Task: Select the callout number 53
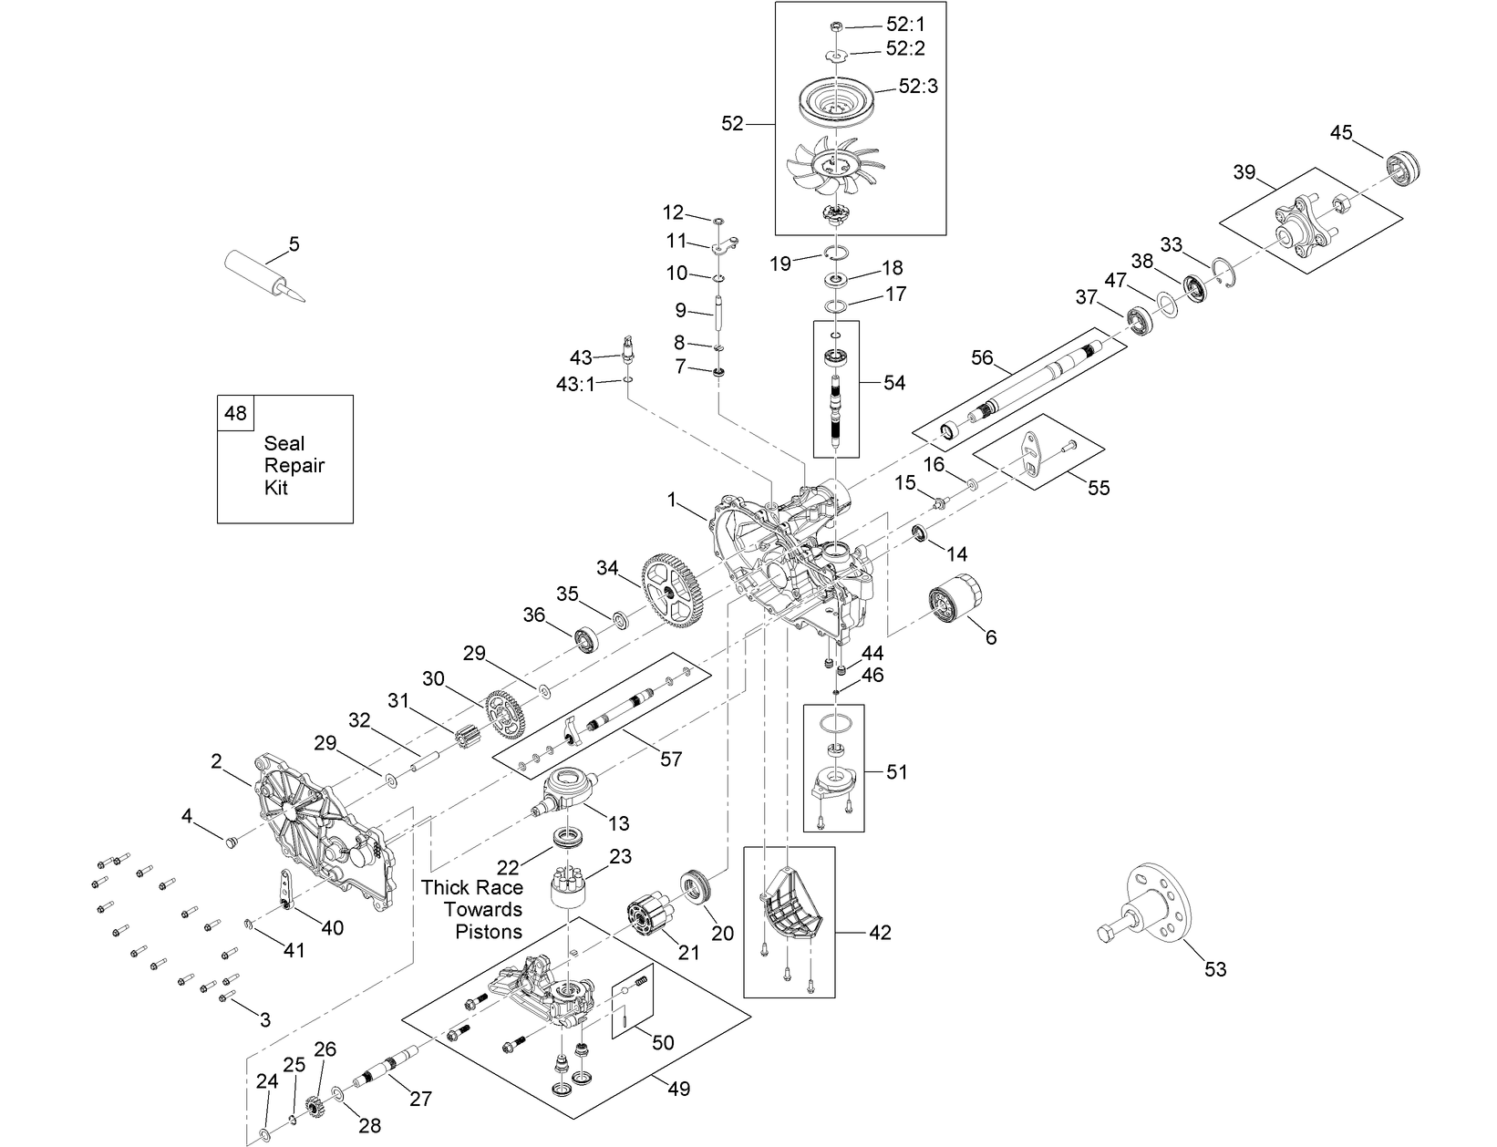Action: tap(1215, 969)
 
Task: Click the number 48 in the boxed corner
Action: tap(235, 414)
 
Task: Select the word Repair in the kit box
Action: tap(294, 466)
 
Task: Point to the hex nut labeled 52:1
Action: tap(836, 26)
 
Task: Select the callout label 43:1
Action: tap(575, 384)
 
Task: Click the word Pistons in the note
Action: tap(488, 932)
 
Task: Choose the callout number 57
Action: tap(670, 759)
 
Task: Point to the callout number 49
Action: tap(678, 1089)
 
